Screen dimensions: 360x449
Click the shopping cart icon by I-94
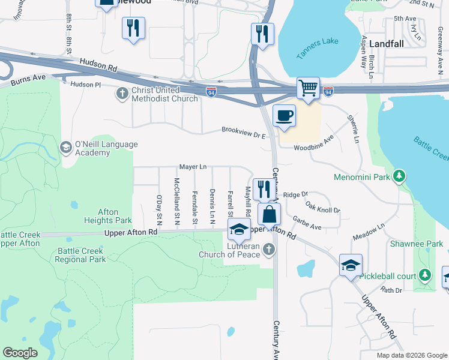point(308,88)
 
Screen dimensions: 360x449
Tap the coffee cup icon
point(284,115)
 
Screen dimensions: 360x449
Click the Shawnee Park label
point(424,244)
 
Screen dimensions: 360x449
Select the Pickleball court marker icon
point(425,275)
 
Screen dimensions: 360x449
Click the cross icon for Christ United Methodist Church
point(122,92)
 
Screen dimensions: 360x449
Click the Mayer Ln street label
point(193,166)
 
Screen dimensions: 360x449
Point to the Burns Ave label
point(23,77)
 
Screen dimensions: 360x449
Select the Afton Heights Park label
point(108,216)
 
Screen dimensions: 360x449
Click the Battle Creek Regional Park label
point(80,255)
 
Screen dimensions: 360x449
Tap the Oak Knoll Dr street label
point(322,207)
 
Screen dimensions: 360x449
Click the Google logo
point(20,353)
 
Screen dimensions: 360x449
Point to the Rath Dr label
point(391,290)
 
